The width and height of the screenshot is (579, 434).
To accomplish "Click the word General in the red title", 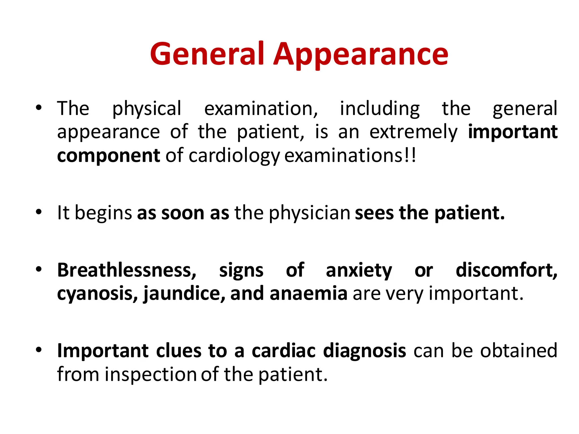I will [x=207, y=54].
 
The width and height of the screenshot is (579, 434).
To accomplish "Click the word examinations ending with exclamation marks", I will [x=350, y=156].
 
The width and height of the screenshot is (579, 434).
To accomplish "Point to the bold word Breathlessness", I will [x=127, y=270].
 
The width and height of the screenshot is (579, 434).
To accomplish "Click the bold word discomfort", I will [x=506, y=270].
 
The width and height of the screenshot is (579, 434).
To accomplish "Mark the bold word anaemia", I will [x=308, y=294].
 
